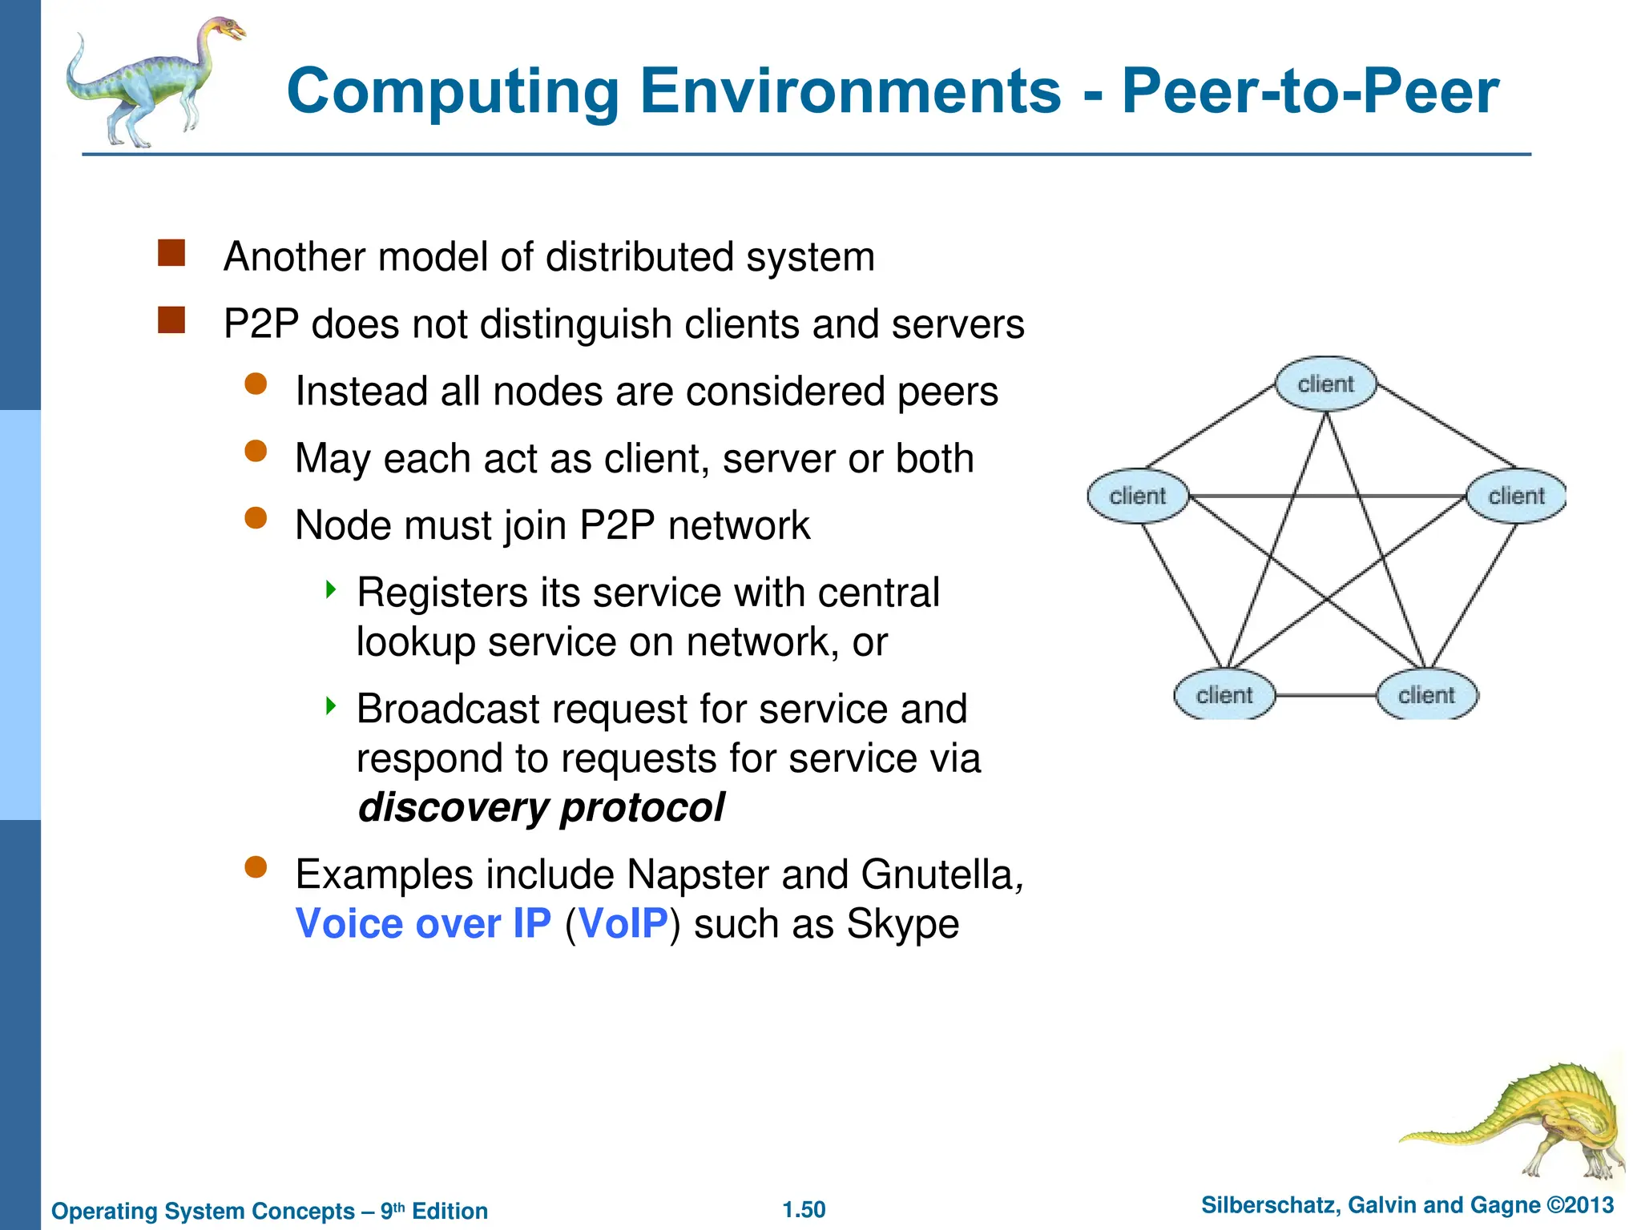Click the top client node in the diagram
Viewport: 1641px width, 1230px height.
1325,384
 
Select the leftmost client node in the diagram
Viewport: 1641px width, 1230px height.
1137,496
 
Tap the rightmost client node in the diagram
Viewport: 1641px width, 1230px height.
1516,496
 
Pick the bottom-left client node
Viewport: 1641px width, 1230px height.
1224,695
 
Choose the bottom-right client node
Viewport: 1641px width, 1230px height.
1426,695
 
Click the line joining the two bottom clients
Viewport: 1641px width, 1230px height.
1325,695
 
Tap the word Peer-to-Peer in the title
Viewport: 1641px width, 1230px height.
1309,91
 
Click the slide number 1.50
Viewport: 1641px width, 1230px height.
804,1209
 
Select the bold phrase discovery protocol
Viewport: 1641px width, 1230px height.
541,807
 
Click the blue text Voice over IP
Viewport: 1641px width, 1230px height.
423,923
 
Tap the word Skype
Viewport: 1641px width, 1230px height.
902,923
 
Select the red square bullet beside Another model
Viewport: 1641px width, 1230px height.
171,253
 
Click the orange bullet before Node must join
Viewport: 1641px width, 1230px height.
256,518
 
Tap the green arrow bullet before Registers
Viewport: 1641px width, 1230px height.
331,590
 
